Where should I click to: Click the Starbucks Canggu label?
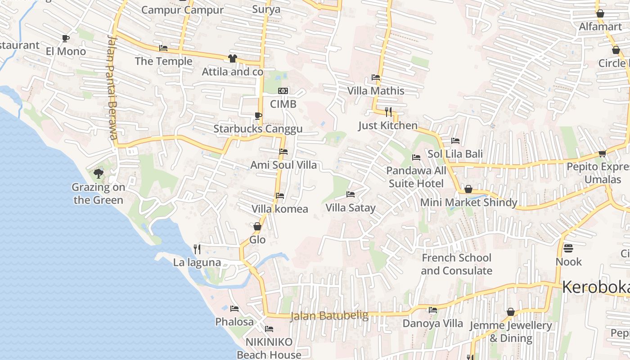click(x=257, y=129)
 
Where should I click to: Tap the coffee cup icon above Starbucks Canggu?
click(x=258, y=116)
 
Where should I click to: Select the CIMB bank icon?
click(x=283, y=91)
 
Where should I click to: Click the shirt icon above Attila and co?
click(x=232, y=58)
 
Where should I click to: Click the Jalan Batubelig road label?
click(x=329, y=315)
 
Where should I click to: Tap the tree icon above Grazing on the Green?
click(x=98, y=173)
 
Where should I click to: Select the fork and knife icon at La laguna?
click(x=197, y=249)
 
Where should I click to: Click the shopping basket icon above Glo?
click(x=257, y=226)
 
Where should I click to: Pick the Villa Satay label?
click(x=350, y=208)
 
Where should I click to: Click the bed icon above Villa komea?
click(x=280, y=196)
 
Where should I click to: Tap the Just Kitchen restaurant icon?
click(x=388, y=112)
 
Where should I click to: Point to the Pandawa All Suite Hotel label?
click(x=416, y=177)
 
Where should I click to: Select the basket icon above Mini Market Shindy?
click(x=468, y=189)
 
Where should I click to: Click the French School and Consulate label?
click(x=456, y=264)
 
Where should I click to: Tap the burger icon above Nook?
click(x=568, y=248)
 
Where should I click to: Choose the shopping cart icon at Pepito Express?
click(x=602, y=153)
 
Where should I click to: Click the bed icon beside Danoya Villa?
click(x=433, y=310)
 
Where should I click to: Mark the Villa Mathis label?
click(x=376, y=91)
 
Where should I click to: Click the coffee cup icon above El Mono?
click(x=66, y=38)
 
